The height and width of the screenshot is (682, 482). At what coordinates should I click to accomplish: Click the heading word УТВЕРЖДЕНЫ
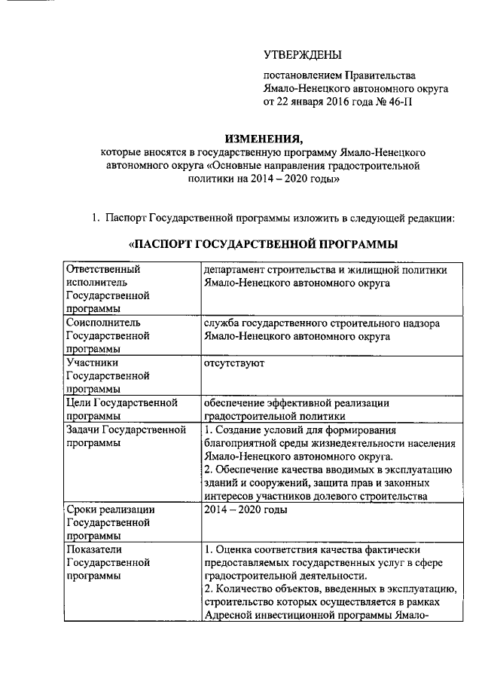(302, 54)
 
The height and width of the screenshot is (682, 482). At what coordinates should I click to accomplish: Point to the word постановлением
(301, 75)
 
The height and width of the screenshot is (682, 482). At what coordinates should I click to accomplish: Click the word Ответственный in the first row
(104, 269)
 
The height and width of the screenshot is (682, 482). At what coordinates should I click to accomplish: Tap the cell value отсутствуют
(233, 362)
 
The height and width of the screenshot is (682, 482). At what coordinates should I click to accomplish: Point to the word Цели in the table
(79, 402)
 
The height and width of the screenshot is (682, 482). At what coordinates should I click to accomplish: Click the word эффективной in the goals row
(294, 402)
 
